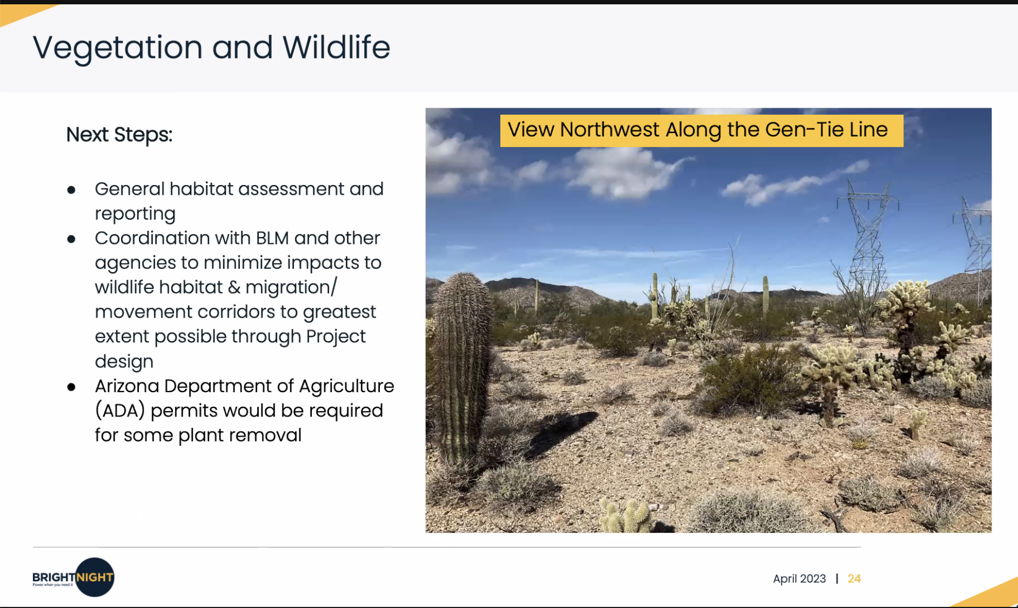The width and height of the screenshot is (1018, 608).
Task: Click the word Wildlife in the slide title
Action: click(336, 47)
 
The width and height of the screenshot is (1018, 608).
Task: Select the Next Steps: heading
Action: click(119, 135)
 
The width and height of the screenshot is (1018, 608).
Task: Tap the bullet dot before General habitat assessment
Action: click(71, 190)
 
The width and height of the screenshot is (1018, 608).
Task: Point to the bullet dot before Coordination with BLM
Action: click(71, 239)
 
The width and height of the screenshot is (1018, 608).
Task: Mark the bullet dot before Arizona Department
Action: click(71, 387)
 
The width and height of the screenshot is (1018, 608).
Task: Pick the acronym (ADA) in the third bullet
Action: click(120, 411)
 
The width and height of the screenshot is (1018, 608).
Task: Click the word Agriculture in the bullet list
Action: click(346, 386)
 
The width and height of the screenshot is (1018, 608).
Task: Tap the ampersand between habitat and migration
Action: click(234, 287)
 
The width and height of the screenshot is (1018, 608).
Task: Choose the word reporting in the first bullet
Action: click(135, 214)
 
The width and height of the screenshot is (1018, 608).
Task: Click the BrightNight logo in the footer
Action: click(73, 577)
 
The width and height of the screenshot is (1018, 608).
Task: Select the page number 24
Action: click(854, 579)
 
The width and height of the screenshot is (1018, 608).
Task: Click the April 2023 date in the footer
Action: click(799, 579)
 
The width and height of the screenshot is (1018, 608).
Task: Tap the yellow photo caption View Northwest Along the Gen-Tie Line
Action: click(701, 130)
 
